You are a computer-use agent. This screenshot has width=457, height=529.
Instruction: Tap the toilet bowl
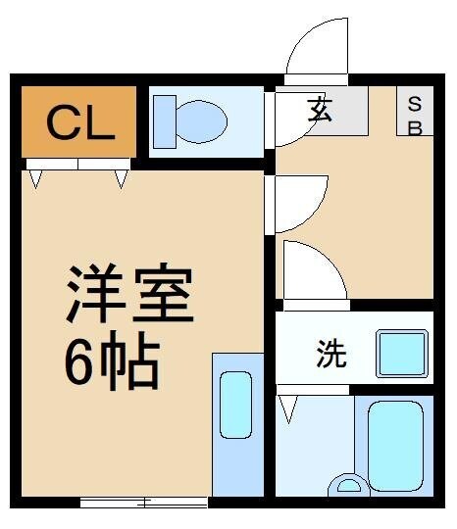click(200, 120)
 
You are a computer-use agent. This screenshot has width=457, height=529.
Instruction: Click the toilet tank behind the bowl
click(164, 120)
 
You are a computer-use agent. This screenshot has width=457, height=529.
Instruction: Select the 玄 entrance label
click(320, 110)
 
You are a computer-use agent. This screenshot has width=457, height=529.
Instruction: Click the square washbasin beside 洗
click(402, 353)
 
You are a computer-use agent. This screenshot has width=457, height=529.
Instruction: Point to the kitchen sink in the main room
click(236, 404)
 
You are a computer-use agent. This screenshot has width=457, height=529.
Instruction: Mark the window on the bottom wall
click(144, 503)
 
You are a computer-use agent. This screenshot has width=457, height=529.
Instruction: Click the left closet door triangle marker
click(35, 178)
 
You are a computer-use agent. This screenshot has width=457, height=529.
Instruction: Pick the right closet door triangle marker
click(121, 178)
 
